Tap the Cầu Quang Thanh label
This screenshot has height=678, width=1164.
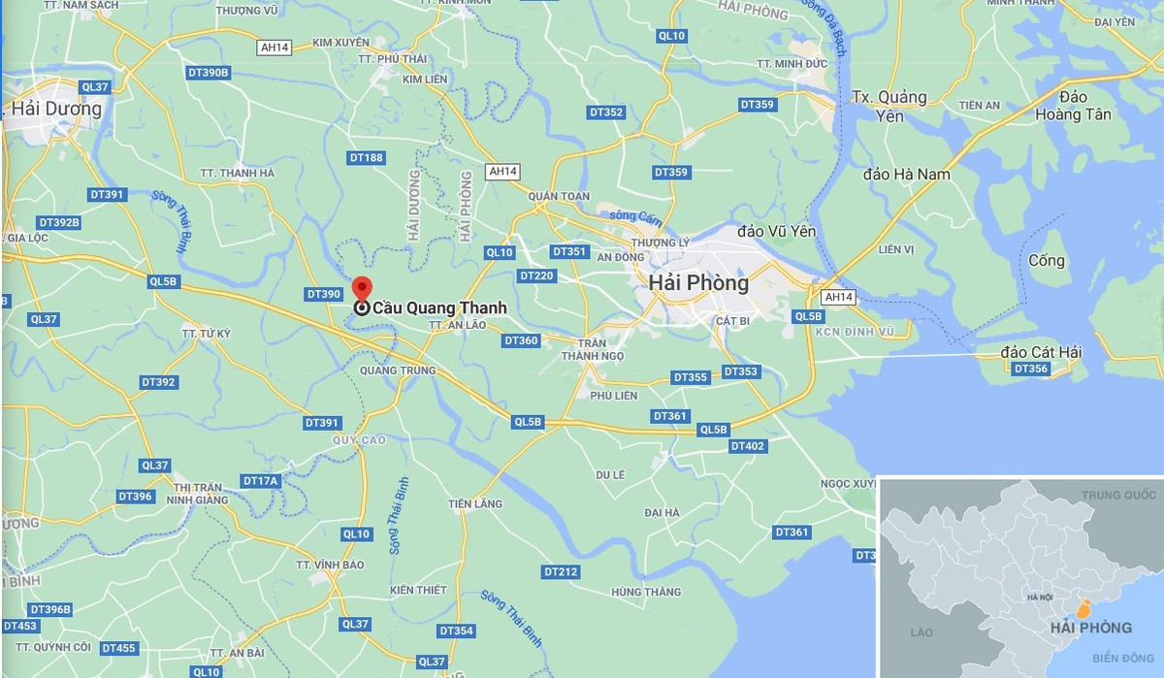point(438,308)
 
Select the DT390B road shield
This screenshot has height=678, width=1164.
point(208,73)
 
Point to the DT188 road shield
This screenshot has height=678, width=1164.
point(366,157)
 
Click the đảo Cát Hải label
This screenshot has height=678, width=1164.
point(1041,352)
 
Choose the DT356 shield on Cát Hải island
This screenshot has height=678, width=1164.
point(1030,369)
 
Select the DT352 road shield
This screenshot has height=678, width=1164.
point(606,113)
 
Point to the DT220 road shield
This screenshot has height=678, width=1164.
point(536,276)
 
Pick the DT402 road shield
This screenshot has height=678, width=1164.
point(747,446)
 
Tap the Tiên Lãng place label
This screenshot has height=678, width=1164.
point(475,504)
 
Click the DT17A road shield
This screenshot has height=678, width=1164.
point(260,481)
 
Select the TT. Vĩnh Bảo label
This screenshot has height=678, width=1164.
point(331,565)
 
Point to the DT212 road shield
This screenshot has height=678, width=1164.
point(561,572)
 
